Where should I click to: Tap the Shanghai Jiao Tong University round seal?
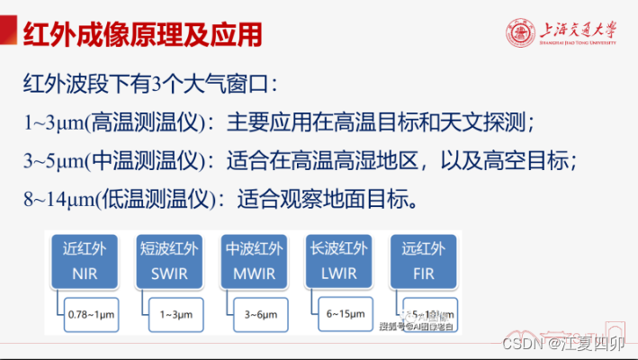[x=521, y=33]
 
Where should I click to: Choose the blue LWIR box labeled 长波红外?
[x=339, y=259]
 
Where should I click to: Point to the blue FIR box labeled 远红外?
[x=422, y=259]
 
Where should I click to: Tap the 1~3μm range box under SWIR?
[x=175, y=314]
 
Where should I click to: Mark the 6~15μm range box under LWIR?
[x=346, y=314]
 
